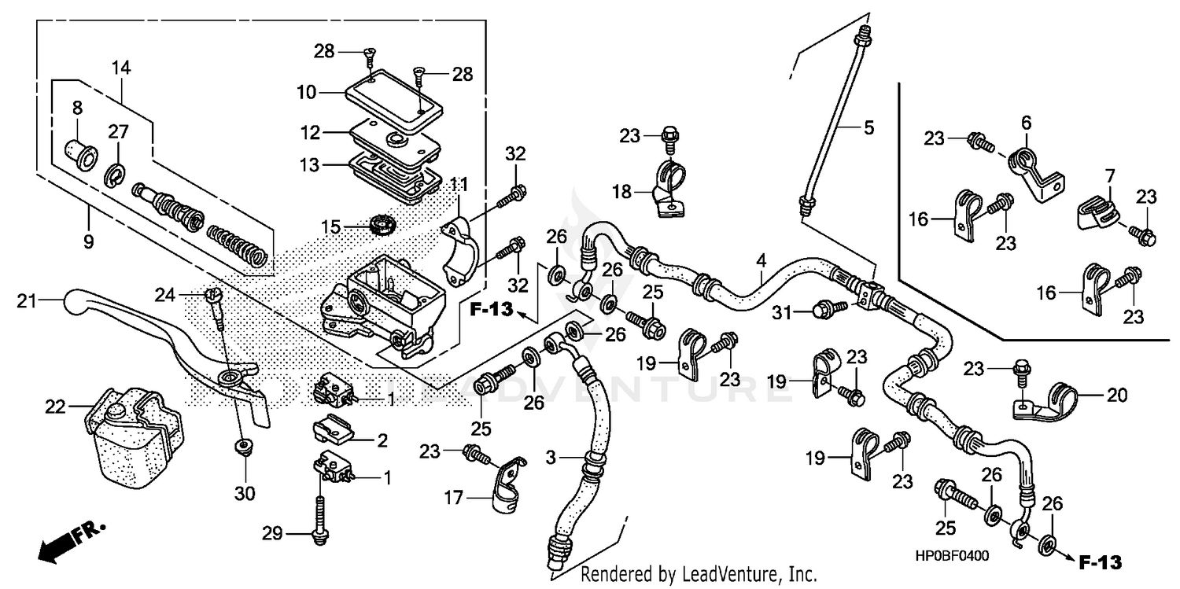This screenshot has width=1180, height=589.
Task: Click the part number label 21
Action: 27,300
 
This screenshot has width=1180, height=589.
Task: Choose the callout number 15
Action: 330,226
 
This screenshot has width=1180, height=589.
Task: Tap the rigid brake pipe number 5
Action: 868,127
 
